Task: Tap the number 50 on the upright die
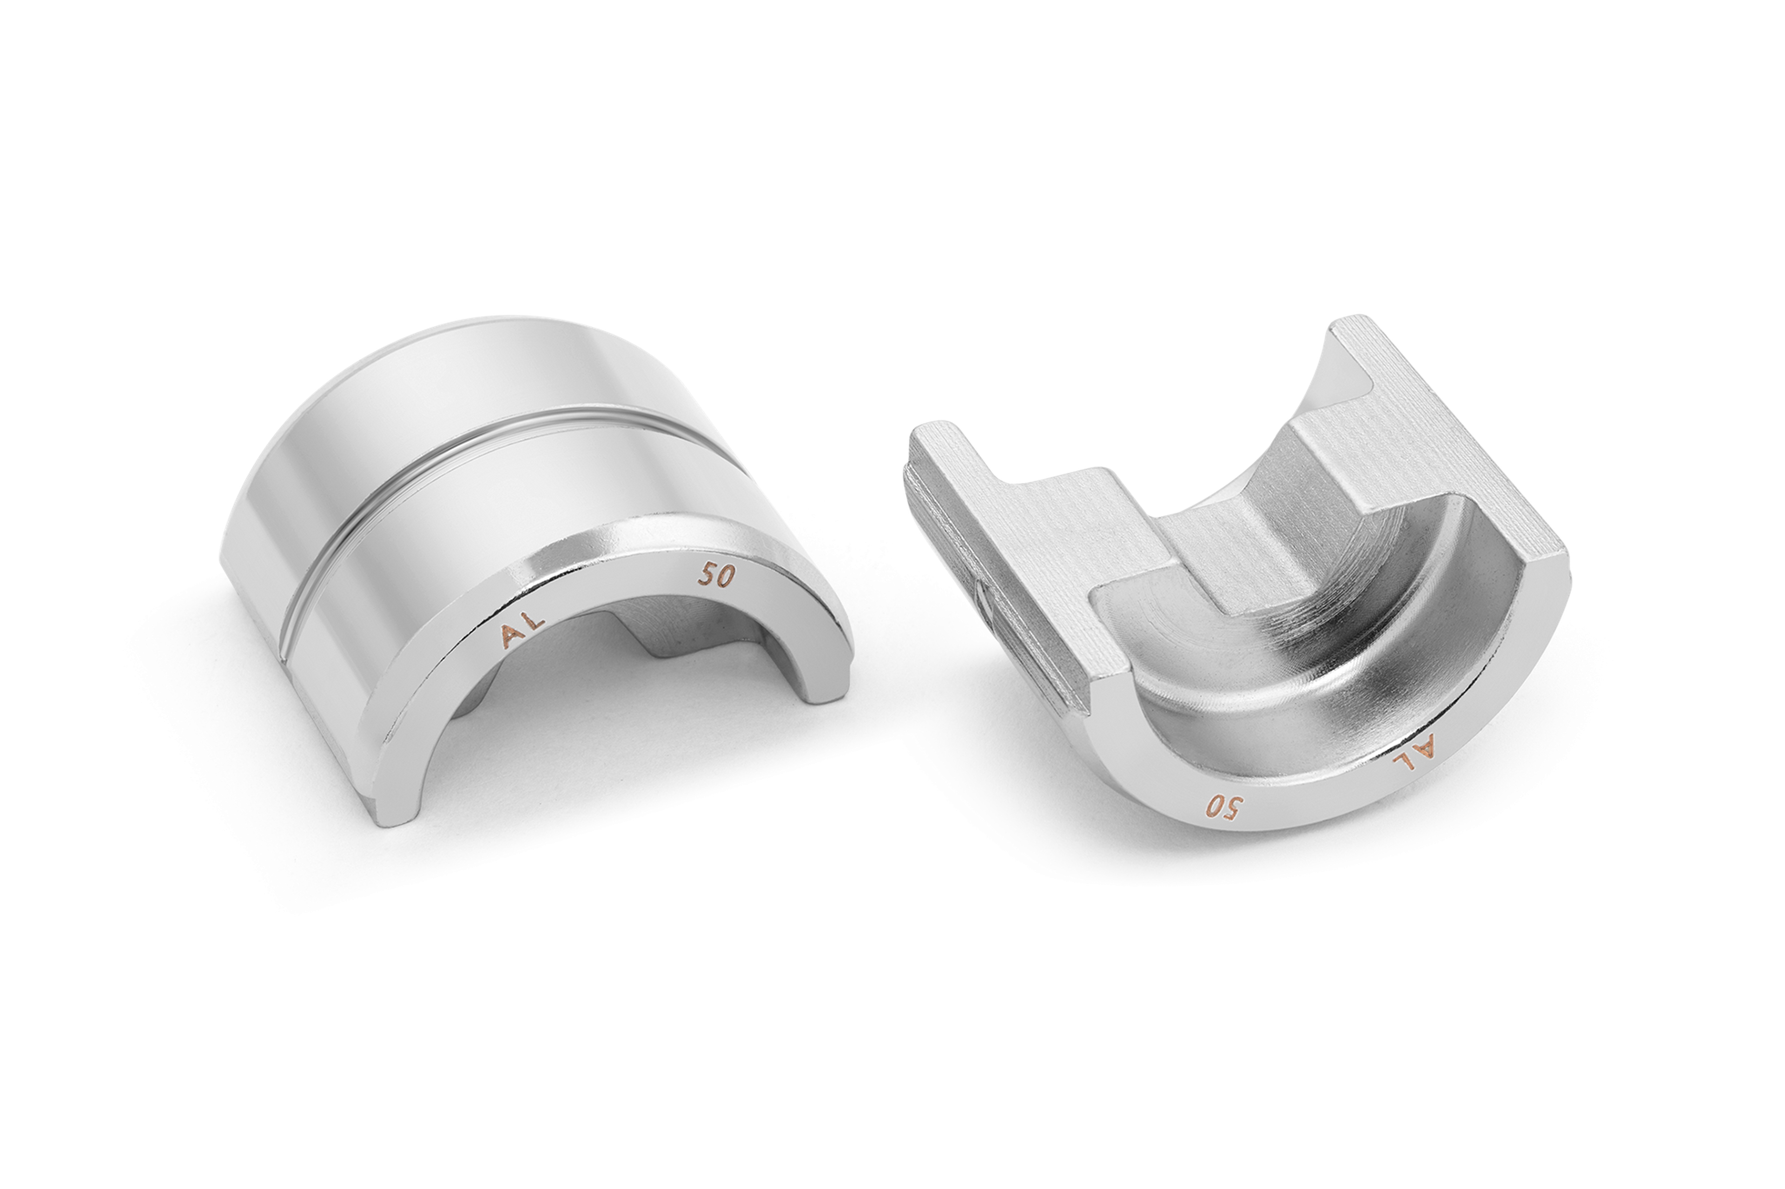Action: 716,576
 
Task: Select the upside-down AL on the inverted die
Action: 1415,753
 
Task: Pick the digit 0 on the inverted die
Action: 1213,807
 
